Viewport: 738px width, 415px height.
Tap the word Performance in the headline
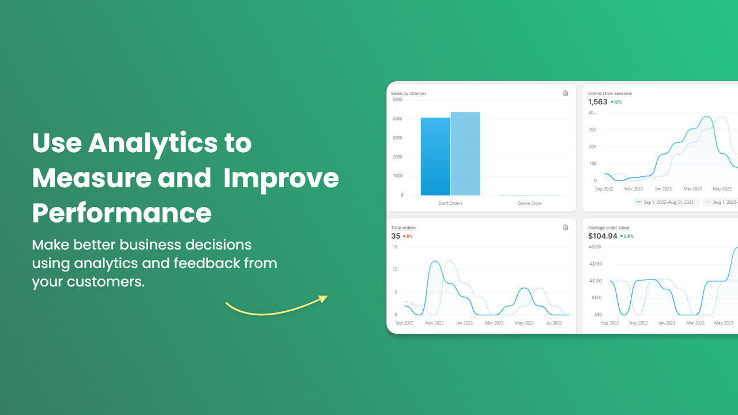(x=122, y=213)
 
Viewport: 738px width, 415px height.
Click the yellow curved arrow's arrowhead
(x=323, y=299)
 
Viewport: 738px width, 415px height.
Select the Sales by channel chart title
(x=408, y=93)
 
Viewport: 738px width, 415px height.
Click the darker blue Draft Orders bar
(x=435, y=156)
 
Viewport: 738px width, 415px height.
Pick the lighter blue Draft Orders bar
(x=465, y=153)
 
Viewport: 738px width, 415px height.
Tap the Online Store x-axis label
(x=529, y=203)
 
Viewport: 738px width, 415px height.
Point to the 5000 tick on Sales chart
(x=397, y=100)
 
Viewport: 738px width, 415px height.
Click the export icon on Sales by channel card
(x=566, y=93)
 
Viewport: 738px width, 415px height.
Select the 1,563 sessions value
(x=597, y=102)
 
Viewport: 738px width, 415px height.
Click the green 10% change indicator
(x=616, y=102)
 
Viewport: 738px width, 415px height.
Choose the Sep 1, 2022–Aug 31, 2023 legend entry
(x=667, y=202)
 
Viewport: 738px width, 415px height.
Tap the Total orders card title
(x=403, y=228)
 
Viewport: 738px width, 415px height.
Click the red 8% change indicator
(x=409, y=236)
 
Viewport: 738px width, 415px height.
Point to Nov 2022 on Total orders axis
(x=434, y=323)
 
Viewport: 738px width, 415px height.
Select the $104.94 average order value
(x=603, y=236)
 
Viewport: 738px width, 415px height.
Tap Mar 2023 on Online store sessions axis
(x=692, y=189)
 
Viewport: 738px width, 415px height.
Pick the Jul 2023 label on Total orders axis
(x=553, y=323)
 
